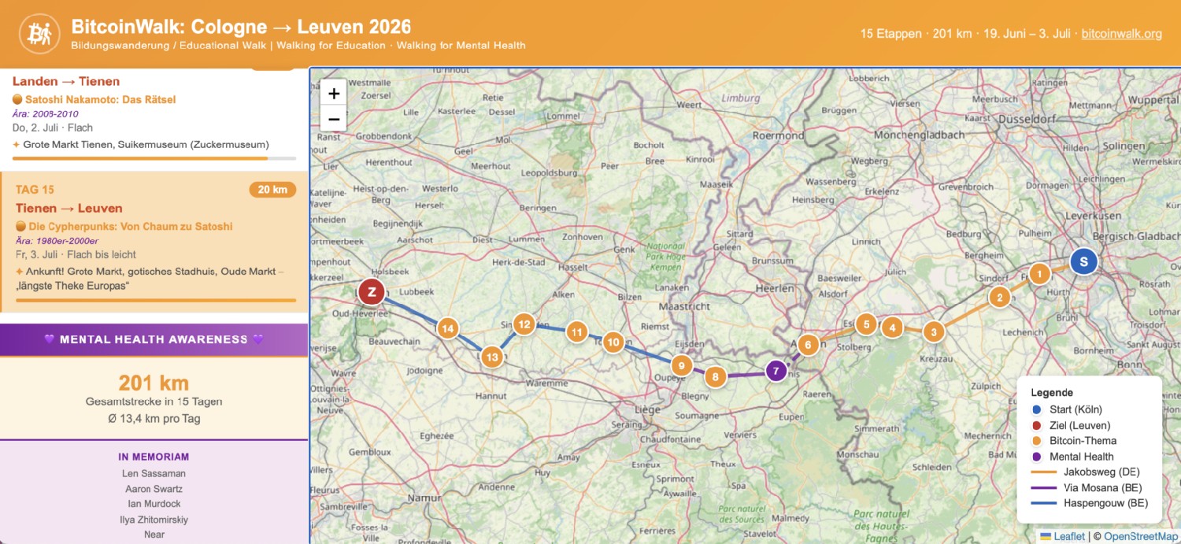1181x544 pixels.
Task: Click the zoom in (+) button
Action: (x=334, y=94)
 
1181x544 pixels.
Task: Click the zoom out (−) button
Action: (x=334, y=119)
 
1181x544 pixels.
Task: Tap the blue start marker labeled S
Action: (x=1083, y=261)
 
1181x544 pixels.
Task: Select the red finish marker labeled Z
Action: (x=371, y=292)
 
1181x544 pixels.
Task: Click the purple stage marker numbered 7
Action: (x=776, y=371)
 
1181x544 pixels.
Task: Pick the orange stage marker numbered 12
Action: (x=524, y=324)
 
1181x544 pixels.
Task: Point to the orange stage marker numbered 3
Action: (x=934, y=331)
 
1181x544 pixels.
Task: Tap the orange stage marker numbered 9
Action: (x=681, y=365)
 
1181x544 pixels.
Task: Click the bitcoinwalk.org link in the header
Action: (x=1121, y=34)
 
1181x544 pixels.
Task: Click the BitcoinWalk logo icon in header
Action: (x=39, y=34)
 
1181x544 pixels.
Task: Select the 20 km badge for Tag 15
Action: (x=272, y=190)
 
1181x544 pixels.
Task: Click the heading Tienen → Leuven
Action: (x=69, y=209)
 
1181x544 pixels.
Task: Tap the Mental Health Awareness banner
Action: (x=154, y=339)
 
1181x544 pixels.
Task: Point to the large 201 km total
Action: (x=154, y=383)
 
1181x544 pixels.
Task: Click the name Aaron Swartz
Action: (x=154, y=489)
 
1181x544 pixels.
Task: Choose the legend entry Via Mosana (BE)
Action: (x=1102, y=487)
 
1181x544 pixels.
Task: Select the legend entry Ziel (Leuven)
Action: (x=1079, y=425)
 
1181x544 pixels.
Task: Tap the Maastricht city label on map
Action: (x=684, y=305)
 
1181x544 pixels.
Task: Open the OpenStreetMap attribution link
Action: (x=1140, y=536)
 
